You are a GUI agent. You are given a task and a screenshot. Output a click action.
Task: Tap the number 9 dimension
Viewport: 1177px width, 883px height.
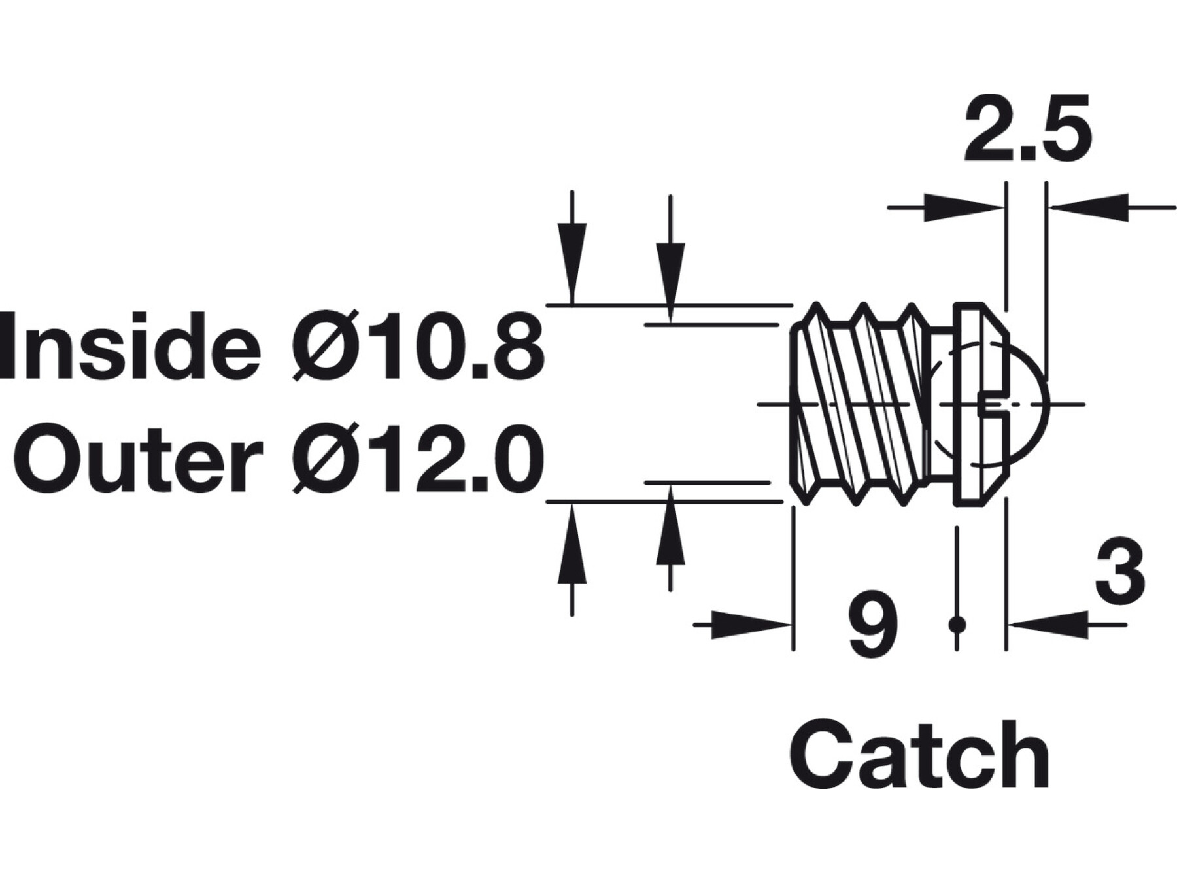pyautogui.click(x=872, y=627)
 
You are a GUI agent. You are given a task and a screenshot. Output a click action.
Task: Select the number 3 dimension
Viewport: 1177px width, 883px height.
pyautogui.click(x=1119, y=571)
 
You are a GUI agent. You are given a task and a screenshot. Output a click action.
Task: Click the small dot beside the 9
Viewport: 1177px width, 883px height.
pyautogui.click(x=957, y=625)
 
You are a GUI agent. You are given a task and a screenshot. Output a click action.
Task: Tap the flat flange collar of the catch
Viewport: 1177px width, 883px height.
pyautogui.click(x=970, y=404)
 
